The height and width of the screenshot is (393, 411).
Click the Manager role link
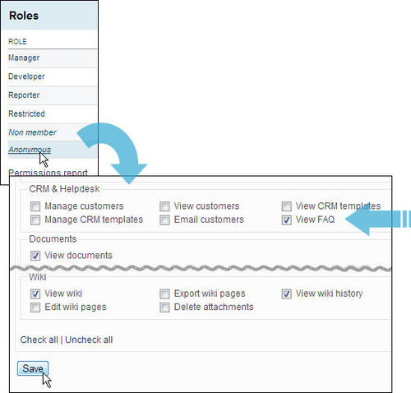pos(24,58)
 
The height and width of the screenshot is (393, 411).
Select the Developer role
pos(26,76)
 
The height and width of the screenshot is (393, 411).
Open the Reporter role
pos(24,95)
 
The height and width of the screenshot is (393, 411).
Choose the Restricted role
pos(26,113)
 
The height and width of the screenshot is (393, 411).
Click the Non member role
pos(32,132)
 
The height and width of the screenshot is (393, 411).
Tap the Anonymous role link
pos(30,150)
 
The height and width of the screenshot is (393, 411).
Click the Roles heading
pos(24,16)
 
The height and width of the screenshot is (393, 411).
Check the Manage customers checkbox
pos(35,206)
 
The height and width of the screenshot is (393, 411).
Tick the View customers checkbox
pos(164,206)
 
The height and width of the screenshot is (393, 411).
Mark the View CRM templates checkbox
pos(287,206)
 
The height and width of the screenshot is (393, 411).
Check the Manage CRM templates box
pos(35,220)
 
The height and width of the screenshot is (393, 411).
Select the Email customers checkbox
pos(164,220)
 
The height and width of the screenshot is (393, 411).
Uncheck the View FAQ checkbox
pos(287,220)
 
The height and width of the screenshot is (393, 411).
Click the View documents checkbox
pos(35,256)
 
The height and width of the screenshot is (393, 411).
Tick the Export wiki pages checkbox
pos(164,294)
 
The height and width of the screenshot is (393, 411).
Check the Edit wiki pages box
pos(35,307)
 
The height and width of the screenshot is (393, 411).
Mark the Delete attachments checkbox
pos(164,307)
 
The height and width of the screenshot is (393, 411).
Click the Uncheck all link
pos(89,340)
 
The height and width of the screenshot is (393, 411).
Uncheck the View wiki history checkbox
pos(287,294)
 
